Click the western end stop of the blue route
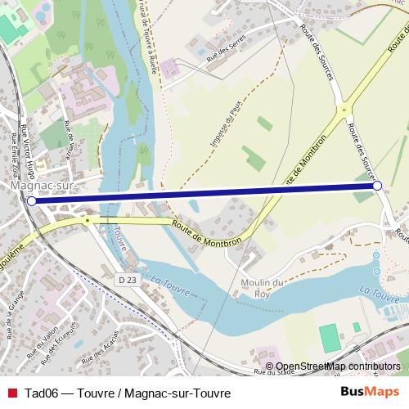point(31,200)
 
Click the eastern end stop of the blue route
point(377,186)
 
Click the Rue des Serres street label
point(226,58)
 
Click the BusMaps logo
point(370,393)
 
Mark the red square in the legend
point(11,393)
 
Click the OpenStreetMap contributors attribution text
point(337,366)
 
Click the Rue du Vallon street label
point(43,344)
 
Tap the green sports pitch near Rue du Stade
point(329,338)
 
